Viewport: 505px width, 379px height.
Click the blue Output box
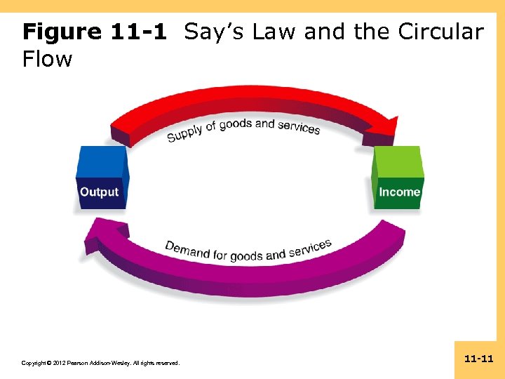point(102,179)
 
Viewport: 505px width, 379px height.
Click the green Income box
point(398,179)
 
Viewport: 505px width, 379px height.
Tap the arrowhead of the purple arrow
point(95,235)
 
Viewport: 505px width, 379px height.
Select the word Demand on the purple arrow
point(187,249)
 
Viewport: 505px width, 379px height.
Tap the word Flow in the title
point(47,59)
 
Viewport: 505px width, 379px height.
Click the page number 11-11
point(479,359)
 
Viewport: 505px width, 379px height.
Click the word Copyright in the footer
point(36,363)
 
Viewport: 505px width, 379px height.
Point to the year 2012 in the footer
point(57,363)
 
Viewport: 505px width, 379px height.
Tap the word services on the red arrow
point(299,127)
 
